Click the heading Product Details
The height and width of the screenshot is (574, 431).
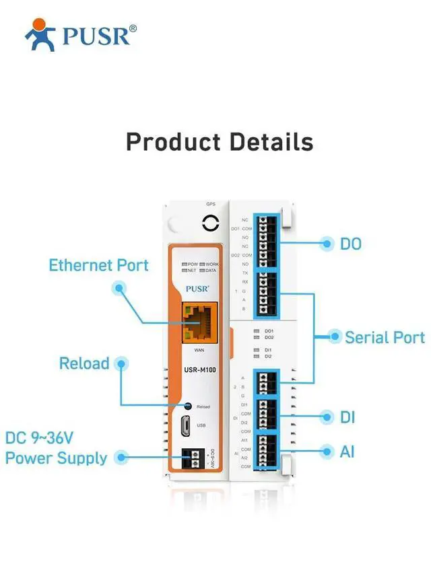coord(220,142)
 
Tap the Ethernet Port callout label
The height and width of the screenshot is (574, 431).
coord(98,265)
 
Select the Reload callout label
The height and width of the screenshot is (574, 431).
coord(84,363)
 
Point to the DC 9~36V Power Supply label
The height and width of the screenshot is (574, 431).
coord(56,448)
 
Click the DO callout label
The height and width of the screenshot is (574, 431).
coord(350,243)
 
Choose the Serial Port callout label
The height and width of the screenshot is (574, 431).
coord(385,337)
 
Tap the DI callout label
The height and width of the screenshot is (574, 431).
coord(347,417)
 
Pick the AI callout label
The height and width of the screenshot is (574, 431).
coord(347,452)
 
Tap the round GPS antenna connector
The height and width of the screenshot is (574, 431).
coord(210,223)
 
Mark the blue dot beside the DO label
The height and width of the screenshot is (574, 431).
coord(327,243)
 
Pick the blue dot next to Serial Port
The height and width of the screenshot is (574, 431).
coord(333,335)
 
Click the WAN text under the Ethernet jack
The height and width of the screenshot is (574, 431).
coord(199,351)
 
